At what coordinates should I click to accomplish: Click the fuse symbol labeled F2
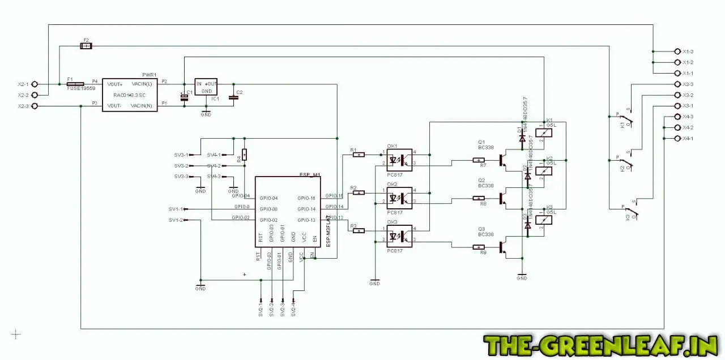click(x=86, y=46)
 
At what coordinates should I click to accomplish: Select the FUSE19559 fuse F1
click(x=75, y=84)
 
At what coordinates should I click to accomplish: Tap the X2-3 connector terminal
click(x=34, y=106)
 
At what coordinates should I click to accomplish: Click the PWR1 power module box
click(x=130, y=95)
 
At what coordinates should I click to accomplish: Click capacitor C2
click(x=234, y=97)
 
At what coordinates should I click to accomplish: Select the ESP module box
click(x=288, y=211)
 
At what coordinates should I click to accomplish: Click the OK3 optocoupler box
click(x=399, y=235)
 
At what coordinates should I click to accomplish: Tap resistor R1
click(x=359, y=154)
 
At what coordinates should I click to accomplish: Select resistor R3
click(x=359, y=230)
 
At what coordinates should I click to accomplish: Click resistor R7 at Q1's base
click(x=479, y=160)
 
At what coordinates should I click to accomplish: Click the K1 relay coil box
click(x=544, y=132)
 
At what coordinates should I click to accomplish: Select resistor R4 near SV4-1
click(x=244, y=154)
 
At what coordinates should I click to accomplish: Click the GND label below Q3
click(x=522, y=278)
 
